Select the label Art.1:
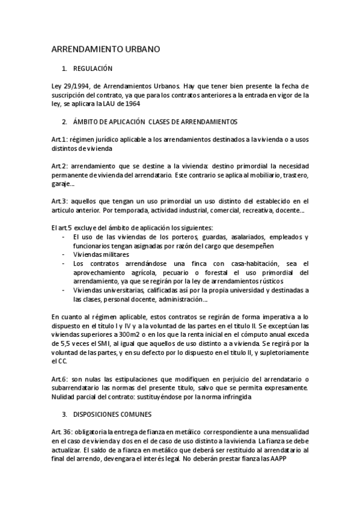point(60,140)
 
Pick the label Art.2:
point(60,166)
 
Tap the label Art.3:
point(60,201)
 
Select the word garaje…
point(63,183)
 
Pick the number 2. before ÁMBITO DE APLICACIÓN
point(65,121)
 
